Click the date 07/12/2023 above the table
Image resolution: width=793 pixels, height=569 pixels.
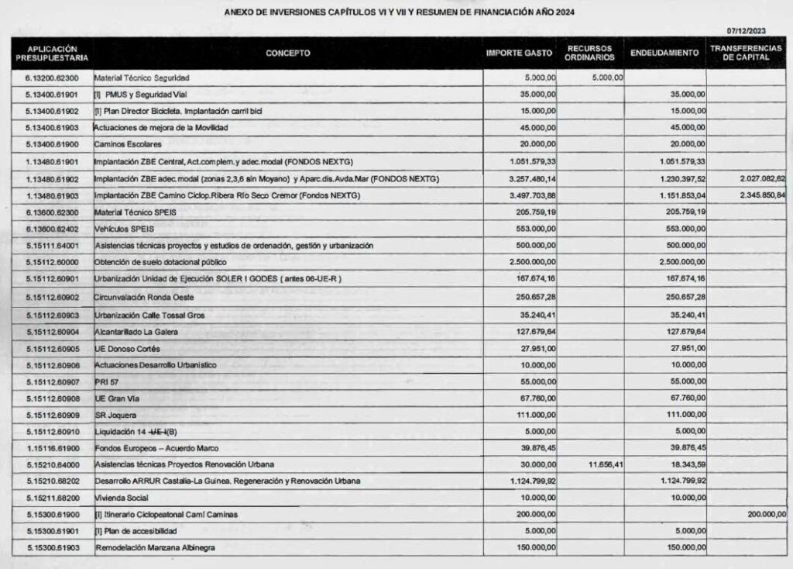[x=747, y=30]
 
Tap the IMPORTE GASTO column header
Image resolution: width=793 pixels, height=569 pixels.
[x=519, y=53]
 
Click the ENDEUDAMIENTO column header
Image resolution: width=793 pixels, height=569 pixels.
[x=665, y=53]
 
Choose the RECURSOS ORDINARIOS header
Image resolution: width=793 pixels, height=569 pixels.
[x=590, y=53]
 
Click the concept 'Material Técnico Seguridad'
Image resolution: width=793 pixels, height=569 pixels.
[x=142, y=78]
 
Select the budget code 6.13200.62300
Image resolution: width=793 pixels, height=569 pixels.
[x=51, y=78]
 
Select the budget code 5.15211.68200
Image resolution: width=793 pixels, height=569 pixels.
[x=51, y=498]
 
